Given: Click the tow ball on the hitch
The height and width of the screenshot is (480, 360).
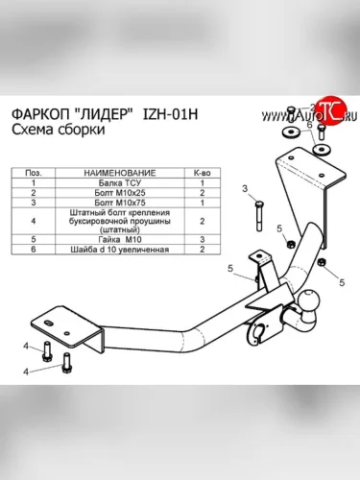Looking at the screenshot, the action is click(x=310, y=301).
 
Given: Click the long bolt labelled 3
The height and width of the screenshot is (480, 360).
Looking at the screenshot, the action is click(x=259, y=216).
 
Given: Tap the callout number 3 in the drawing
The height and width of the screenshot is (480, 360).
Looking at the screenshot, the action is click(x=245, y=188).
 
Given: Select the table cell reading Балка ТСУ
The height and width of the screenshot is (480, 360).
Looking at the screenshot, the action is click(x=120, y=183).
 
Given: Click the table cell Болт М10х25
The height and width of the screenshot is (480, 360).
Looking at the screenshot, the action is click(x=120, y=193).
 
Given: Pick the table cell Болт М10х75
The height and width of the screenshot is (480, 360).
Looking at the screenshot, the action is click(x=120, y=203).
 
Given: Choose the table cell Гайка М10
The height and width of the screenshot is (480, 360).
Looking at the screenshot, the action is click(x=120, y=239).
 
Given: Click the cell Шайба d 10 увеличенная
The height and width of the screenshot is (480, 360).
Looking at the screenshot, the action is click(x=120, y=250).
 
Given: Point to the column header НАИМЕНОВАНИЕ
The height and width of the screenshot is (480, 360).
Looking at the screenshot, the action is click(x=120, y=173).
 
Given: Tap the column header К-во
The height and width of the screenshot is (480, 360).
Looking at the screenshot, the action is click(x=203, y=173).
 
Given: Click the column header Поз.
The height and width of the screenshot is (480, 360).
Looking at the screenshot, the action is click(x=34, y=173).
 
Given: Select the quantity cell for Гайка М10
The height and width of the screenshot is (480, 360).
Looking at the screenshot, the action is click(x=203, y=239).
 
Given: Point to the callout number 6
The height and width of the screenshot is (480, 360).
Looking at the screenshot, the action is click(x=309, y=125).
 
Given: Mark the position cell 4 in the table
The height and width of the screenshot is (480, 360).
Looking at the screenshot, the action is click(x=34, y=221).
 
